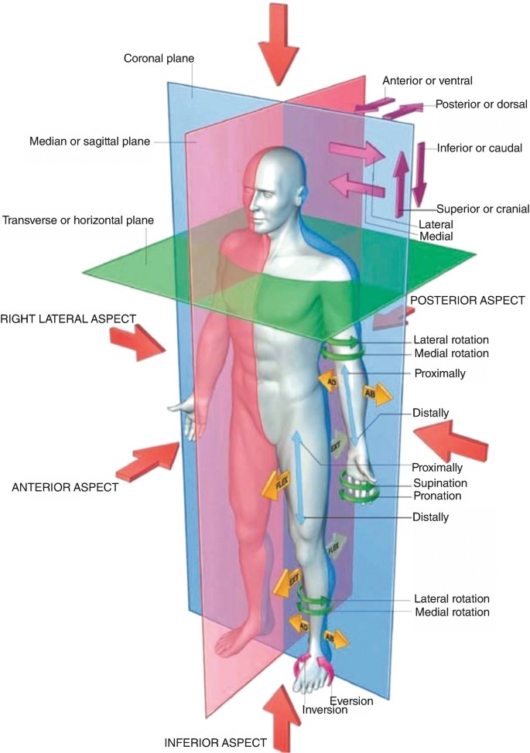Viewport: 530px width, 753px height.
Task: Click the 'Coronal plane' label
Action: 159,58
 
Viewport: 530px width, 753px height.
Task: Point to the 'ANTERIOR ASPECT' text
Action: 65,487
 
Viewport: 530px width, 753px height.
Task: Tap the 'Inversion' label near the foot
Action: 325,710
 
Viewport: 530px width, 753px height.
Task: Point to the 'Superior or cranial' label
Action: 483,209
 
